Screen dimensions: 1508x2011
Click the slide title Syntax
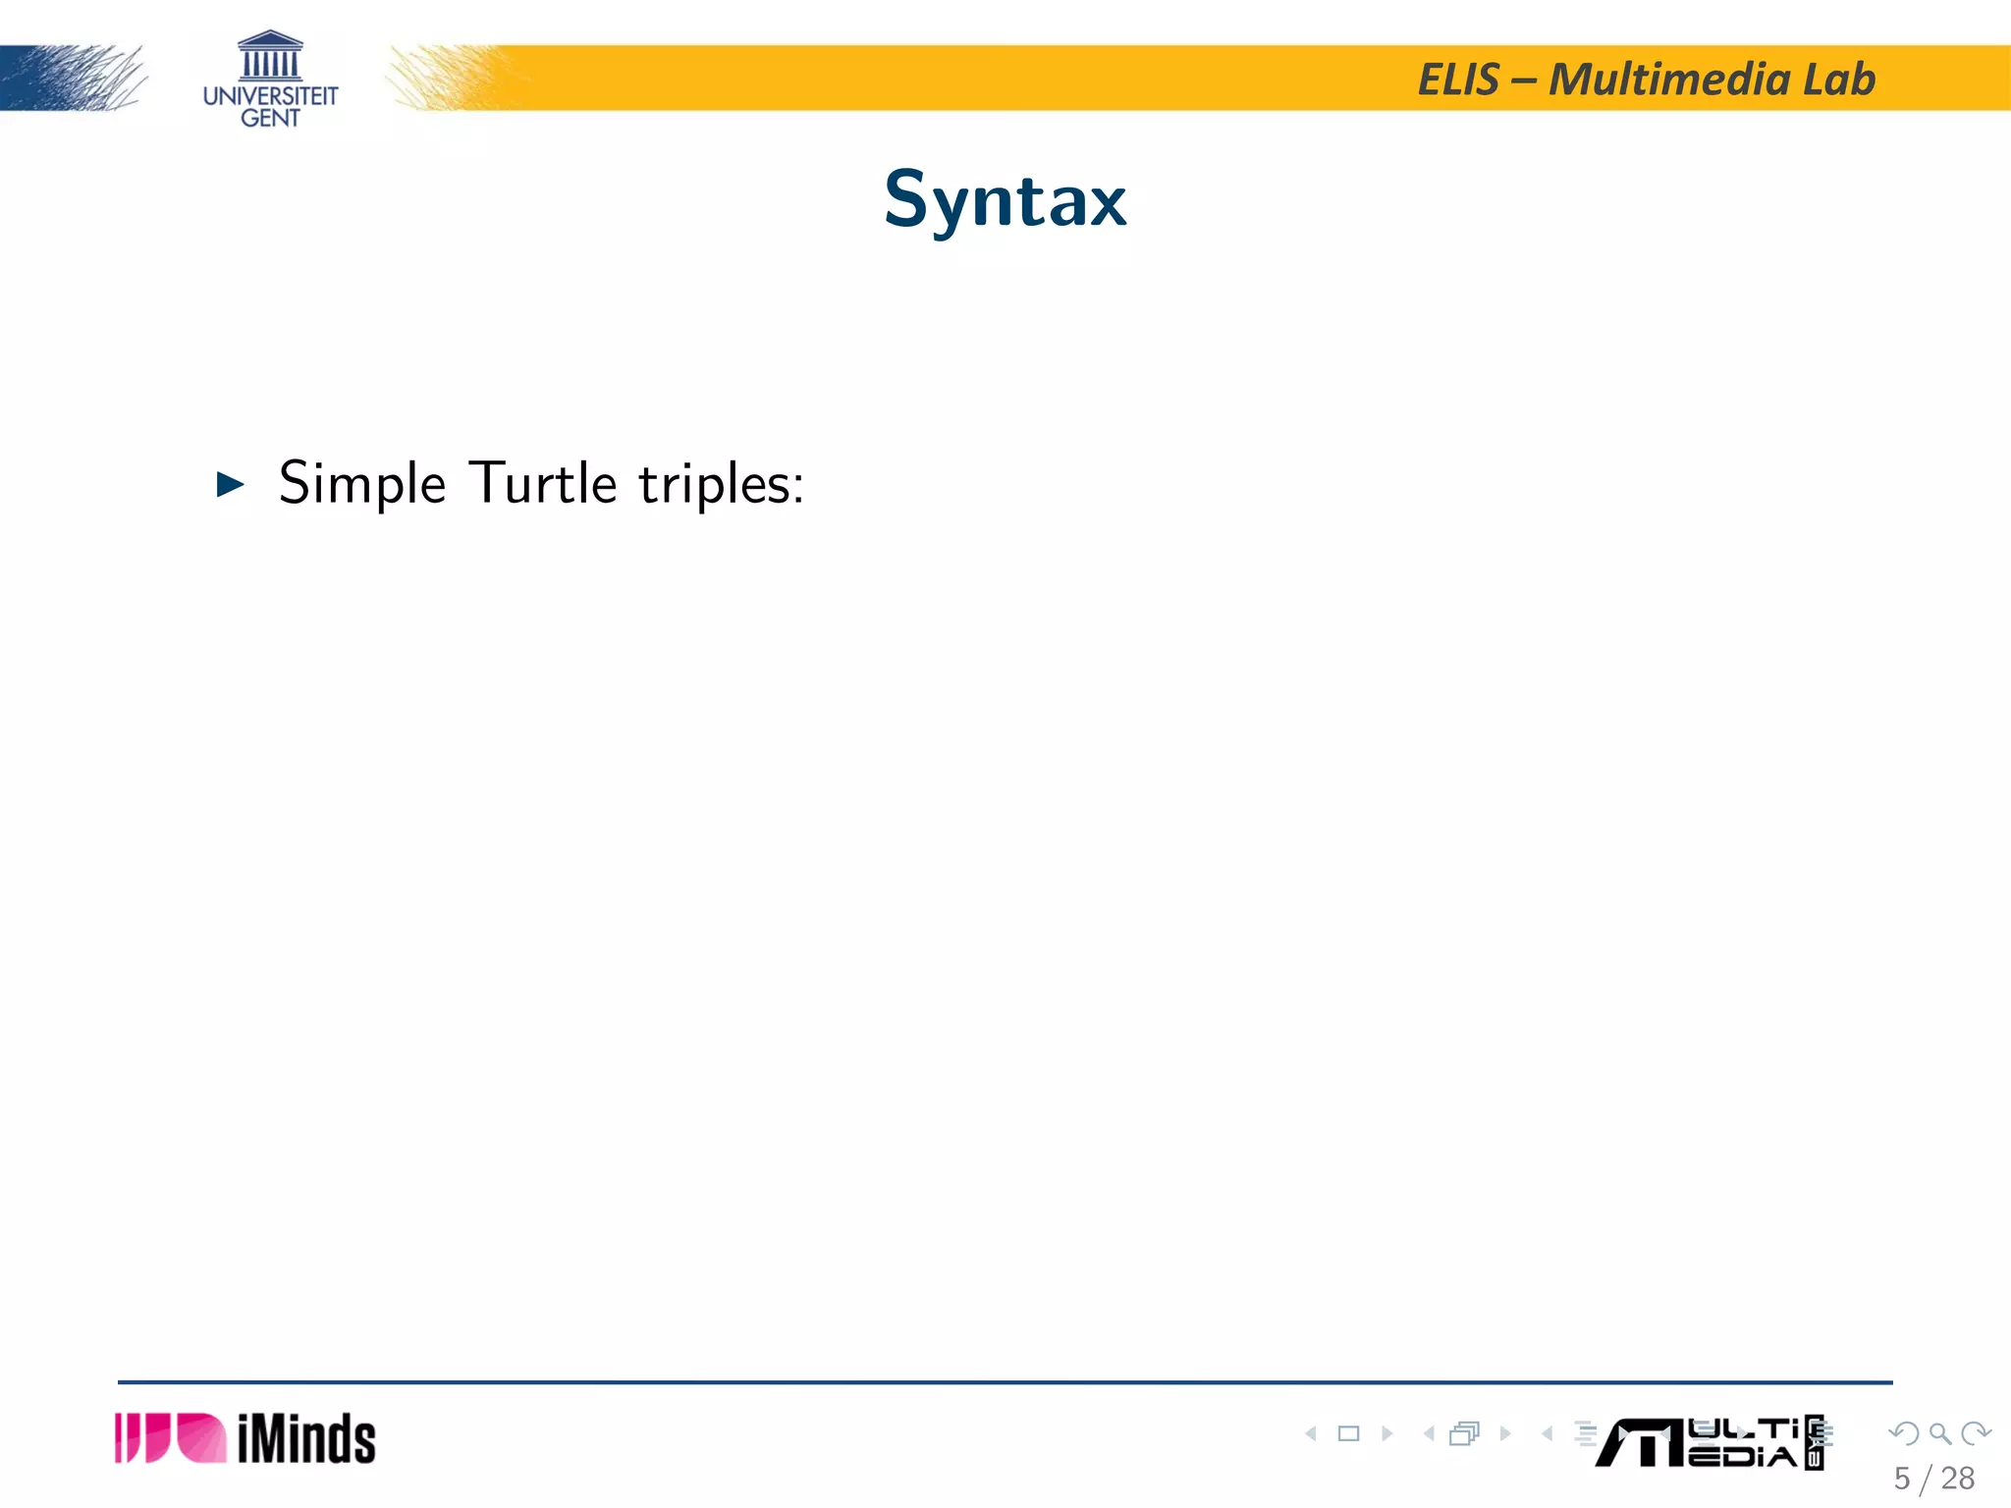1005,200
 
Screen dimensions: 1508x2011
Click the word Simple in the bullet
362,483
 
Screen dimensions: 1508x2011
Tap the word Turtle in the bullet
542,483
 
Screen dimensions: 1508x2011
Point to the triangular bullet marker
230,484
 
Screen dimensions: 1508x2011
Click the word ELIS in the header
1459,80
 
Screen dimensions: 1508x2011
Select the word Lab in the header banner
1838,80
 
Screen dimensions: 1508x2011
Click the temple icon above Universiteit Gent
270,56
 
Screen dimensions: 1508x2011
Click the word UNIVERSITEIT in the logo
270,96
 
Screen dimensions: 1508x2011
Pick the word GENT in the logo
270,119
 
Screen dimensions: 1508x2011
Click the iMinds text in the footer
306,1439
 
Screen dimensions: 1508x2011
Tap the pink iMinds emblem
170,1438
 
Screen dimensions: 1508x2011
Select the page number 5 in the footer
1902,1479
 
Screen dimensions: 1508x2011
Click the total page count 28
1957,1479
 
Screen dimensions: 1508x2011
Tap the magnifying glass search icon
1939,1433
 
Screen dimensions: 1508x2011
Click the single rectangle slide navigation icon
1348,1433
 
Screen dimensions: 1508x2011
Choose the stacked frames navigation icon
1464,1433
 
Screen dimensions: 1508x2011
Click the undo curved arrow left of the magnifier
1904,1433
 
